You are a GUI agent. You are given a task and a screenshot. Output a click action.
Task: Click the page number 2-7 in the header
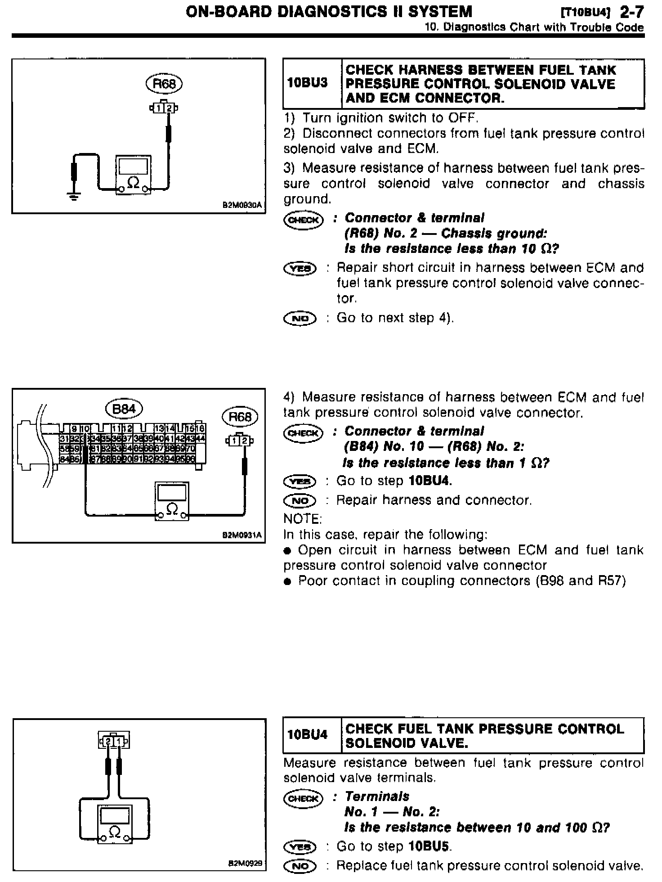point(631,12)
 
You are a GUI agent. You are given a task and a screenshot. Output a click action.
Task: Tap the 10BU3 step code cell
point(307,83)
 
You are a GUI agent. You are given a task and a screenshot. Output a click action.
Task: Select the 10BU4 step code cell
point(307,735)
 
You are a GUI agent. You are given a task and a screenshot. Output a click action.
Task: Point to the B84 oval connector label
point(124,409)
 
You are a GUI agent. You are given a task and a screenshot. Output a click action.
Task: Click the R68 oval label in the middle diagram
point(240,417)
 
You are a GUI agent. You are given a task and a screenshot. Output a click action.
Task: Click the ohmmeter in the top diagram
point(133,175)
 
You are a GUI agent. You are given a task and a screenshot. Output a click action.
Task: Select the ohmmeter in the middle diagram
point(172,501)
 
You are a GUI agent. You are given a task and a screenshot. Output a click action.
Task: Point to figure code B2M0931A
point(242,535)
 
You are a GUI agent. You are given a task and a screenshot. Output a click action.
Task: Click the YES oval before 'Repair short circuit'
point(300,269)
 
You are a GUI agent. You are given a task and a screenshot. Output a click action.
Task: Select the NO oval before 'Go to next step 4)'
point(300,319)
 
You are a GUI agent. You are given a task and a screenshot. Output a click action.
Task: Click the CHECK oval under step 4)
point(304,433)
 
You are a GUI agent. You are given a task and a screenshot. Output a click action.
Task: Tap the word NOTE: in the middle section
point(303,519)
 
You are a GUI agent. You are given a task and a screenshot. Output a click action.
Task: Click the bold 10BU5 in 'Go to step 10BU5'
point(429,846)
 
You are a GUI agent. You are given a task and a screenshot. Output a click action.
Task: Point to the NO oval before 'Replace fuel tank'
point(300,866)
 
